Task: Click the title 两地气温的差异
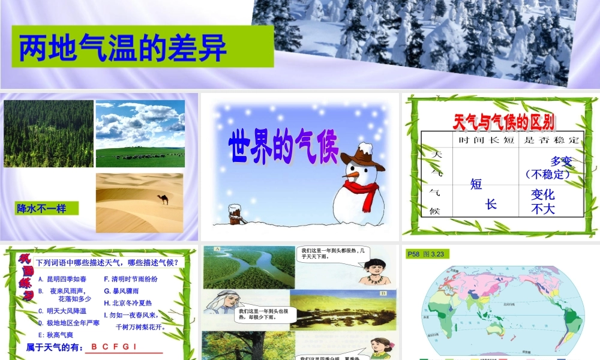(123, 48)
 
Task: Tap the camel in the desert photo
(164, 199)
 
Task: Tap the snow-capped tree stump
(236, 214)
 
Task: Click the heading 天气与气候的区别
(503, 122)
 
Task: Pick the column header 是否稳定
(550, 140)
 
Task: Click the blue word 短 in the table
(476, 184)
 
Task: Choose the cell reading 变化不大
(543, 202)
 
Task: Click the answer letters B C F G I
(114, 347)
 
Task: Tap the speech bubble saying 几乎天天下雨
(333, 253)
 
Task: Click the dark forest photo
(49, 133)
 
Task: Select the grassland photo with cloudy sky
(140, 133)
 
